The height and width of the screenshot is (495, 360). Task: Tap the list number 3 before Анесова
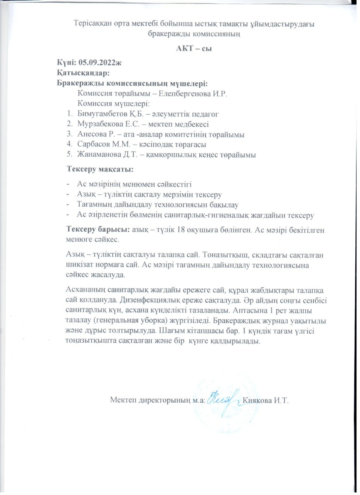click(x=69, y=135)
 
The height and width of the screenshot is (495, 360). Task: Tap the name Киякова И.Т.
click(x=266, y=400)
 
